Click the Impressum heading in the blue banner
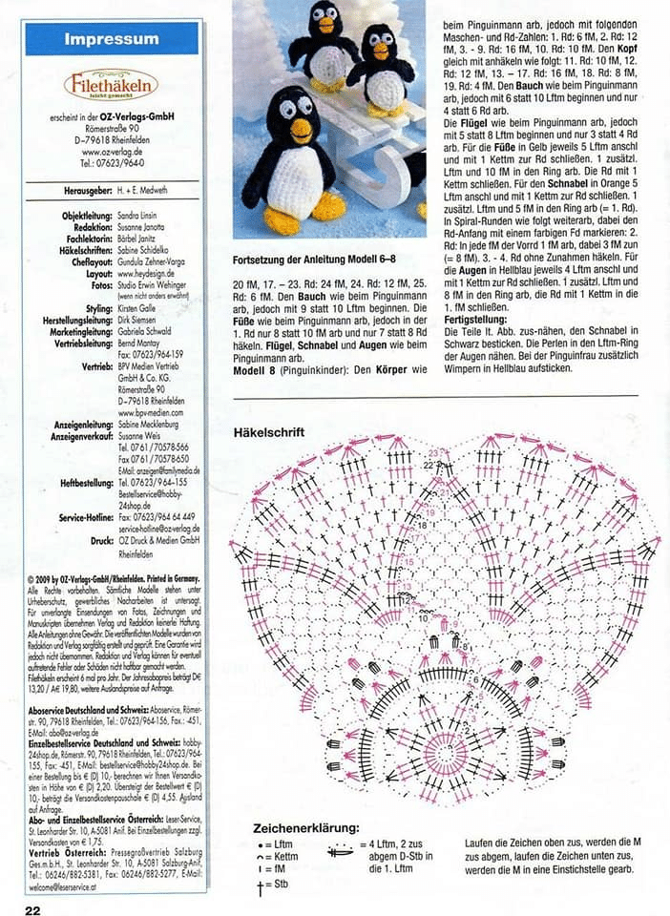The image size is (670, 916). point(111,39)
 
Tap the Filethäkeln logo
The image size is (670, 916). point(110,87)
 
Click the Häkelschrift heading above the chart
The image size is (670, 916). point(269,431)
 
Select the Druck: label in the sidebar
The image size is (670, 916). point(102,540)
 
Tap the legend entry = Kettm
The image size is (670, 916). point(279,857)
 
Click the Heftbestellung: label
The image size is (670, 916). point(84,483)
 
